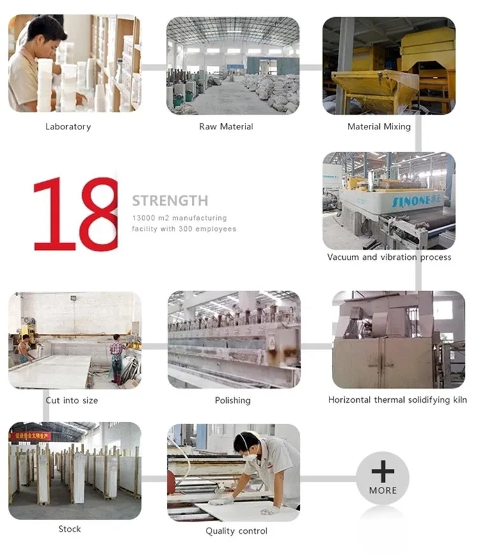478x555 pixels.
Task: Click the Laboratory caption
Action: point(68,127)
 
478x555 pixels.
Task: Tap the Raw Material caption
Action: point(226,127)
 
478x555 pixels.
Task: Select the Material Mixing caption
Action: point(379,127)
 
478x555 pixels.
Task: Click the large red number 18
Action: point(75,213)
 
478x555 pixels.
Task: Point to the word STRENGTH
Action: point(170,201)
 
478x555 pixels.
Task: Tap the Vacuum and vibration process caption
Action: point(389,257)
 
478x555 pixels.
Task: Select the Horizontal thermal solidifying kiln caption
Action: point(397,400)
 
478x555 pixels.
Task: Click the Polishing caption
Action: point(233,401)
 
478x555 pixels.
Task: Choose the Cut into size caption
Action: point(72,401)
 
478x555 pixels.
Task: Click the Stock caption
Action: point(70,529)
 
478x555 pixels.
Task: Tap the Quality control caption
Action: point(236,531)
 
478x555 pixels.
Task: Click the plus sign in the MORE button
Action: point(382,472)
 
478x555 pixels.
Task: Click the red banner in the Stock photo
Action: point(30,436)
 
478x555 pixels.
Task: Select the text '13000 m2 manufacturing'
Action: point(179,218)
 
